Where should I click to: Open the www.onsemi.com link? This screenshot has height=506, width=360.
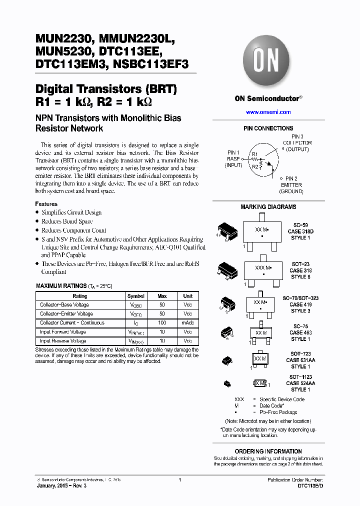pyautogui.click(x=268, y=112)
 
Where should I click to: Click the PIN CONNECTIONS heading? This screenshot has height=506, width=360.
pyautogui.click(x=268, y=128)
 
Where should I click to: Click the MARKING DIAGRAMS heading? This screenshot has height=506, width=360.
pyautogui.click(x=268, y=207)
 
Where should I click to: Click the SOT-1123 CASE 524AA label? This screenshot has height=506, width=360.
pyautogui.click(x=300, y=383)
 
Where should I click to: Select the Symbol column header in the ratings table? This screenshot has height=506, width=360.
pyautogui.click(x=136, y=296)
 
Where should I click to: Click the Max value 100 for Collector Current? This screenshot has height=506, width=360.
pyautogui.click(x=162, y=323)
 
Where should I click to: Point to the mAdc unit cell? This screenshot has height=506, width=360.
pyautogui.click(x=187, y=323)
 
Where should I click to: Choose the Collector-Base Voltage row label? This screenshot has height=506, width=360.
pyautogui.click(x=64, y=305)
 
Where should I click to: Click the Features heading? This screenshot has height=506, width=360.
pyautogui.click(x=46, y=204)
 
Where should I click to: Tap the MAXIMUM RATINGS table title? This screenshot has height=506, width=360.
pyautogui.click(x=73, y=286)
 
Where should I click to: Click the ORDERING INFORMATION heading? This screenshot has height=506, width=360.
pyautogui.click(x=268, y=451)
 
